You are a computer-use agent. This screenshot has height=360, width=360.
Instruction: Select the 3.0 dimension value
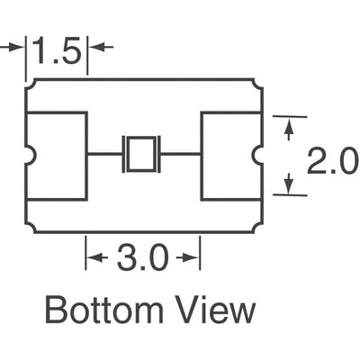pos(141,260)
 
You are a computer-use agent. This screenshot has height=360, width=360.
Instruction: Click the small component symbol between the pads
pos(141,154)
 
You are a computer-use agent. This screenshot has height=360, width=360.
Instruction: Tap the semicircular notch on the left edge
pos(29,156)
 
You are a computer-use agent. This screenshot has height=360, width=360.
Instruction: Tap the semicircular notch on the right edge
pos(258,156)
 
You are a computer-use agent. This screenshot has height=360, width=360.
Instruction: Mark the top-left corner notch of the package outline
pos(29,83)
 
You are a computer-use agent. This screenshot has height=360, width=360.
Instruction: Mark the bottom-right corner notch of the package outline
pos(258,228)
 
